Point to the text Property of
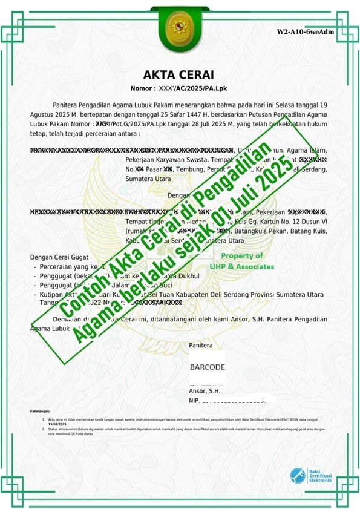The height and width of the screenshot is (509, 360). click(241, 256)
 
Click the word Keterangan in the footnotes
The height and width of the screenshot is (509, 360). click(41, 411)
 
